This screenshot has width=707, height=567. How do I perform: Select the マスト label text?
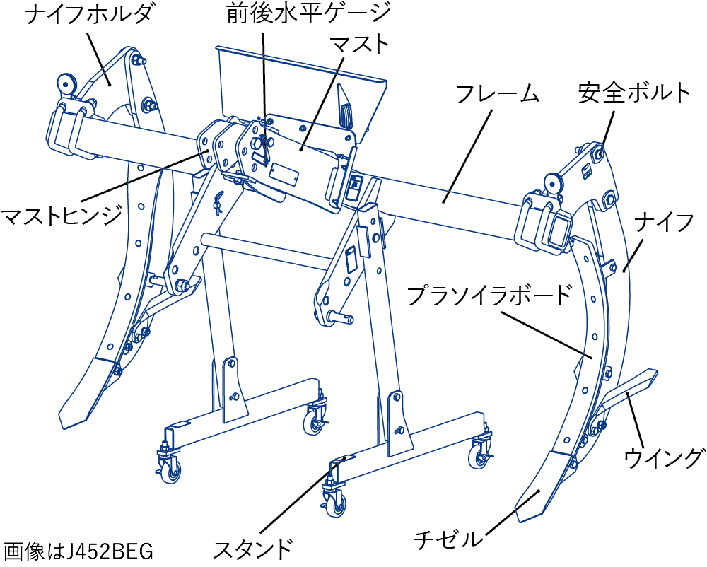point(361,45)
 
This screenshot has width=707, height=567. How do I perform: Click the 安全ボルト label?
point(633,93)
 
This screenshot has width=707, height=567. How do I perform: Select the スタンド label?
point(252,548)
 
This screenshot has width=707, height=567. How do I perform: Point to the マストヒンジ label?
point(62,214)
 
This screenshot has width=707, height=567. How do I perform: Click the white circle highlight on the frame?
point(366,227)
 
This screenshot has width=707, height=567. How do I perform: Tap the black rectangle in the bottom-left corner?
point(88,551)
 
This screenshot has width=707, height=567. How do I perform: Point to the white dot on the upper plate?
point(302,71)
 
